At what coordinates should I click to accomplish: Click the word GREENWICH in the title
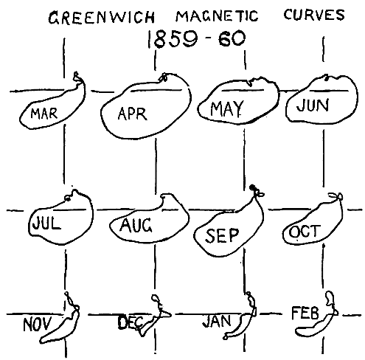(102, 18)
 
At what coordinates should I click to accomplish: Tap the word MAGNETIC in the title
(217, 16)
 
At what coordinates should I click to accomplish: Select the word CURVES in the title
(314, 15)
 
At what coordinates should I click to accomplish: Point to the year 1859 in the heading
(173, 39)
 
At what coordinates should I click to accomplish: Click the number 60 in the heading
(232, 38)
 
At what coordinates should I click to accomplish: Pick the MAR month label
(44, 114)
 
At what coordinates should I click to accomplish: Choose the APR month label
(133, 114)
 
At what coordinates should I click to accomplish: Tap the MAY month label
(227, 108)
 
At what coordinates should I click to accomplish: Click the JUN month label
(313, 105)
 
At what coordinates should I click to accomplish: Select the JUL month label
(46, 223)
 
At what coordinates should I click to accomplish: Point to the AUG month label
(136, 225)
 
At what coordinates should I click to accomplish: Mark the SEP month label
(222, 235)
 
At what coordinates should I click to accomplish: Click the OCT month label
(305, 232)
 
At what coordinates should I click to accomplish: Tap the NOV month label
(38, 325)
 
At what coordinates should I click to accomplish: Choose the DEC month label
(131, 322)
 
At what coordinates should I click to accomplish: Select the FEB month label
(305, 313)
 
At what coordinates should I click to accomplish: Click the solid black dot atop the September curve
(252, 187)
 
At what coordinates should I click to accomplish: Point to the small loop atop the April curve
(163, 77)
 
